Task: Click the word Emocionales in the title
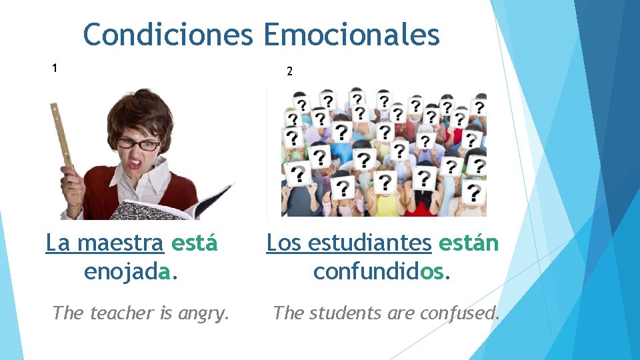(x=352, y=35)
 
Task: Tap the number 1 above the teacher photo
(x=55, y=67)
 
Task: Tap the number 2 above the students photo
(x=289, y=71)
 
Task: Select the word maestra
(x=121, y=244)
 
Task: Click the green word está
(x=194, y=244)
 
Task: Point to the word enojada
(x=131, y=272)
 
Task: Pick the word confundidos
(x=382, y=272)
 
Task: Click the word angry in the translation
(x=203, y=313)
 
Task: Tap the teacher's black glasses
(x=138, y=144)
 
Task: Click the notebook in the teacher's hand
(x=160, y=207)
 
